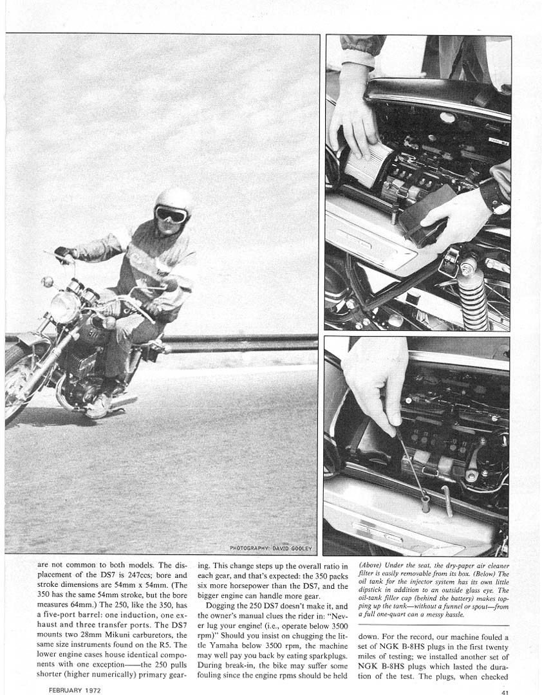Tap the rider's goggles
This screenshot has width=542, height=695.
(x=171, y=215)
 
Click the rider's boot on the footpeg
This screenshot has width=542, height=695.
(x=99, y=405)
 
